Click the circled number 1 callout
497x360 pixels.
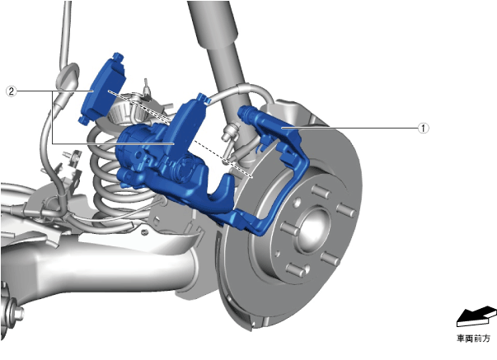pos(423,129)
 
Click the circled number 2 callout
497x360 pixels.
pos(12,91)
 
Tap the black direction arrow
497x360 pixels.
pos(476,316)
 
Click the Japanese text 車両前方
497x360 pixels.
pos(473,339)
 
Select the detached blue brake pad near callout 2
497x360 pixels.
pos(102,89)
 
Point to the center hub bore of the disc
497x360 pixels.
pos(313,229)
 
